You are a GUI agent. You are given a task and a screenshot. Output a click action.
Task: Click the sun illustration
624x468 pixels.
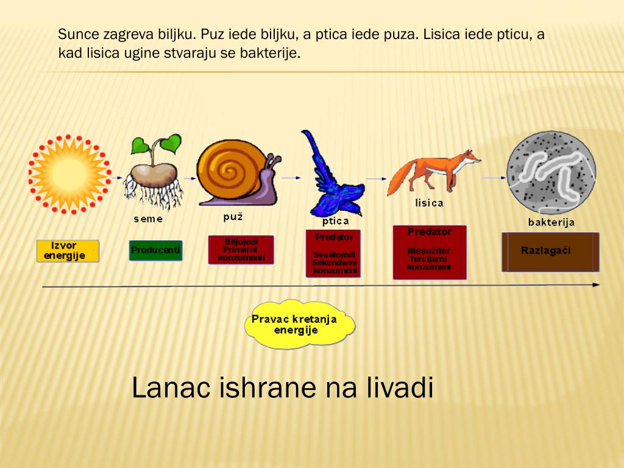[69, 174]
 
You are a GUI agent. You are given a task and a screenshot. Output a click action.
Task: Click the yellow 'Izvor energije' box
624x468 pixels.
[67, 250]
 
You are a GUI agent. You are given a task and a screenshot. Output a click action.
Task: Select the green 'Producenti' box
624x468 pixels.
[155, 250]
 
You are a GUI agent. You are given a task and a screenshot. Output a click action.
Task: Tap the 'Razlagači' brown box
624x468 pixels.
[550, 252]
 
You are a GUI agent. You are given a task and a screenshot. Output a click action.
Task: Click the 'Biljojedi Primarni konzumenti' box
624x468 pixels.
[241, 250]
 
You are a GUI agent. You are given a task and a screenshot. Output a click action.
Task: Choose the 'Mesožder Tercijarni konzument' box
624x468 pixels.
[430, 252]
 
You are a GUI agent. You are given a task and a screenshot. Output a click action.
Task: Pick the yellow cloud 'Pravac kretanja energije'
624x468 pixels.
[299, 324]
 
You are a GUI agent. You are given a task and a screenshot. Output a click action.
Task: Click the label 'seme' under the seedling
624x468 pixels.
[148, 219]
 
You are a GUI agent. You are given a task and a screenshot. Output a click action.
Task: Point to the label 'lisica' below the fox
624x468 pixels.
[429, 203]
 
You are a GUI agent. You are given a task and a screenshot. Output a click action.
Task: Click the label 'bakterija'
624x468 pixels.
[551, 222]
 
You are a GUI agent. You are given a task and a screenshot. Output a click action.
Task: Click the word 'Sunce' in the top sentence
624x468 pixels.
[78, 34]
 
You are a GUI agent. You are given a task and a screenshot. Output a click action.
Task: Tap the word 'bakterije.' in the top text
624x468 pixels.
[271, 53]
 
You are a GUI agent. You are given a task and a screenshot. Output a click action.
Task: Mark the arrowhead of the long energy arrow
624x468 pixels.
[595, 285]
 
